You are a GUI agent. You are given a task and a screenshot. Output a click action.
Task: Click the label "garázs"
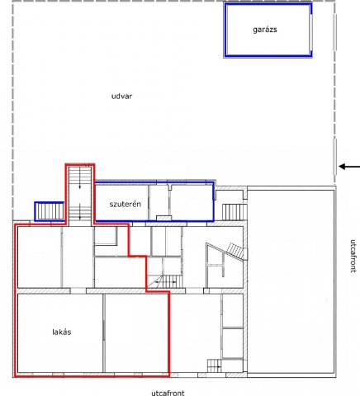coord(265,30)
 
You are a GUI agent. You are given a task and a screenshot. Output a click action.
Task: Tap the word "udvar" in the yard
coord(121,97)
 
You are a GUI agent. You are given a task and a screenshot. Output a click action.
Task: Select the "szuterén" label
coord(126,204)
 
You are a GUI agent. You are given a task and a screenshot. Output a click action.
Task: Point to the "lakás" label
coord(62,332)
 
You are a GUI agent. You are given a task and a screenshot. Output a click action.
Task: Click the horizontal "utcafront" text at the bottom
coord(168,393)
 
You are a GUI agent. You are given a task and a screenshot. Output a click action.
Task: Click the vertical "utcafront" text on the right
coord(353,256)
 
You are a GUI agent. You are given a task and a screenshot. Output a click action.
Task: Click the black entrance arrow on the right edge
coord(349,167)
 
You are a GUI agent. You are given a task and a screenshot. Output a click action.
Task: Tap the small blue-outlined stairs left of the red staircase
coord(50,211)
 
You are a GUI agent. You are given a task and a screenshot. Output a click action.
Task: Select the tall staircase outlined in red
coord(80,196)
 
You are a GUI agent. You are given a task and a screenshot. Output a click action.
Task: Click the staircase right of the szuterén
coord(234,212)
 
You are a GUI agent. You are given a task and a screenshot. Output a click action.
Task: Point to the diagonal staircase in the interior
coord(235,252)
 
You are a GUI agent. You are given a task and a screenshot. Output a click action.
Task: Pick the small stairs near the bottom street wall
coord(214,365)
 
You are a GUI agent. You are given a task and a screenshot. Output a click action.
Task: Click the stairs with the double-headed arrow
coord(165,281)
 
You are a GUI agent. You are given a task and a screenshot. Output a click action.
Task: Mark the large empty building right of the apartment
coord(291,281)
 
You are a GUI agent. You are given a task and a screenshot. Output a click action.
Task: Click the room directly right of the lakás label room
coord(136,333)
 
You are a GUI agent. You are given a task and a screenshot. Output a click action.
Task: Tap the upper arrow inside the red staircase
coord(80,178)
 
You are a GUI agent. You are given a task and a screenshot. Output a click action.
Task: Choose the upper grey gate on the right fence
coord(334,32)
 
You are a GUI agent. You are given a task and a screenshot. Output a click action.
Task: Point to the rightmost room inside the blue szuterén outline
coord(192,202)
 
